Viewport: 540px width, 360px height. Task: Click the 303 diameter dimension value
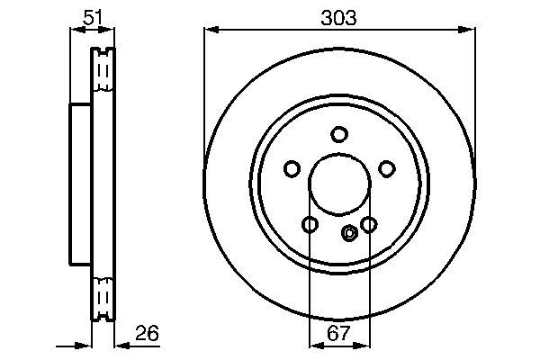pyautogui.click(x=339, y=17)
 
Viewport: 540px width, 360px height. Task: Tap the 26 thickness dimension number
pyautogui.click(x=146, y=333)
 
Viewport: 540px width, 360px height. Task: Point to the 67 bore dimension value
pyautogui.click(x=338, y=333)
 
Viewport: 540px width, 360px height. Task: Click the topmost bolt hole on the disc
pyautogui.click(x=339, y=135)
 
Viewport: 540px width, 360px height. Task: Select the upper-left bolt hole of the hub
pyautogui.click(x=292, y=168)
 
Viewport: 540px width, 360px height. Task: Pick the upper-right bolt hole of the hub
pyautogui.click(x=387, y=168)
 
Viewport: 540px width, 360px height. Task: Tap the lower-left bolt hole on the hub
pyautogui.click(x=310, y=224)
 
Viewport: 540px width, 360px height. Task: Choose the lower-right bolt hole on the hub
pyautogui.click(x=368, y=224)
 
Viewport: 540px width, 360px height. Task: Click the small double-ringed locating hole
pyautogui.click(x=350, y=233)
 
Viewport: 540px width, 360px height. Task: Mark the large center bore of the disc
pyautogui.click(x=339, y=185)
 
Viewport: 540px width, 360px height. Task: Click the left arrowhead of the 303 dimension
pyautogui.click(x=210, y=31)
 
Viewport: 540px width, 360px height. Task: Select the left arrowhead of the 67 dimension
pyautogui.click(x=314, y=345)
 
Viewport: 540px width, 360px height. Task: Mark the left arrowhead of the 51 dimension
pyautogui.click(x=75, y=30)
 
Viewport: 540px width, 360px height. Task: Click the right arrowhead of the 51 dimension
pyautogui.click(x=110, y=30)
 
